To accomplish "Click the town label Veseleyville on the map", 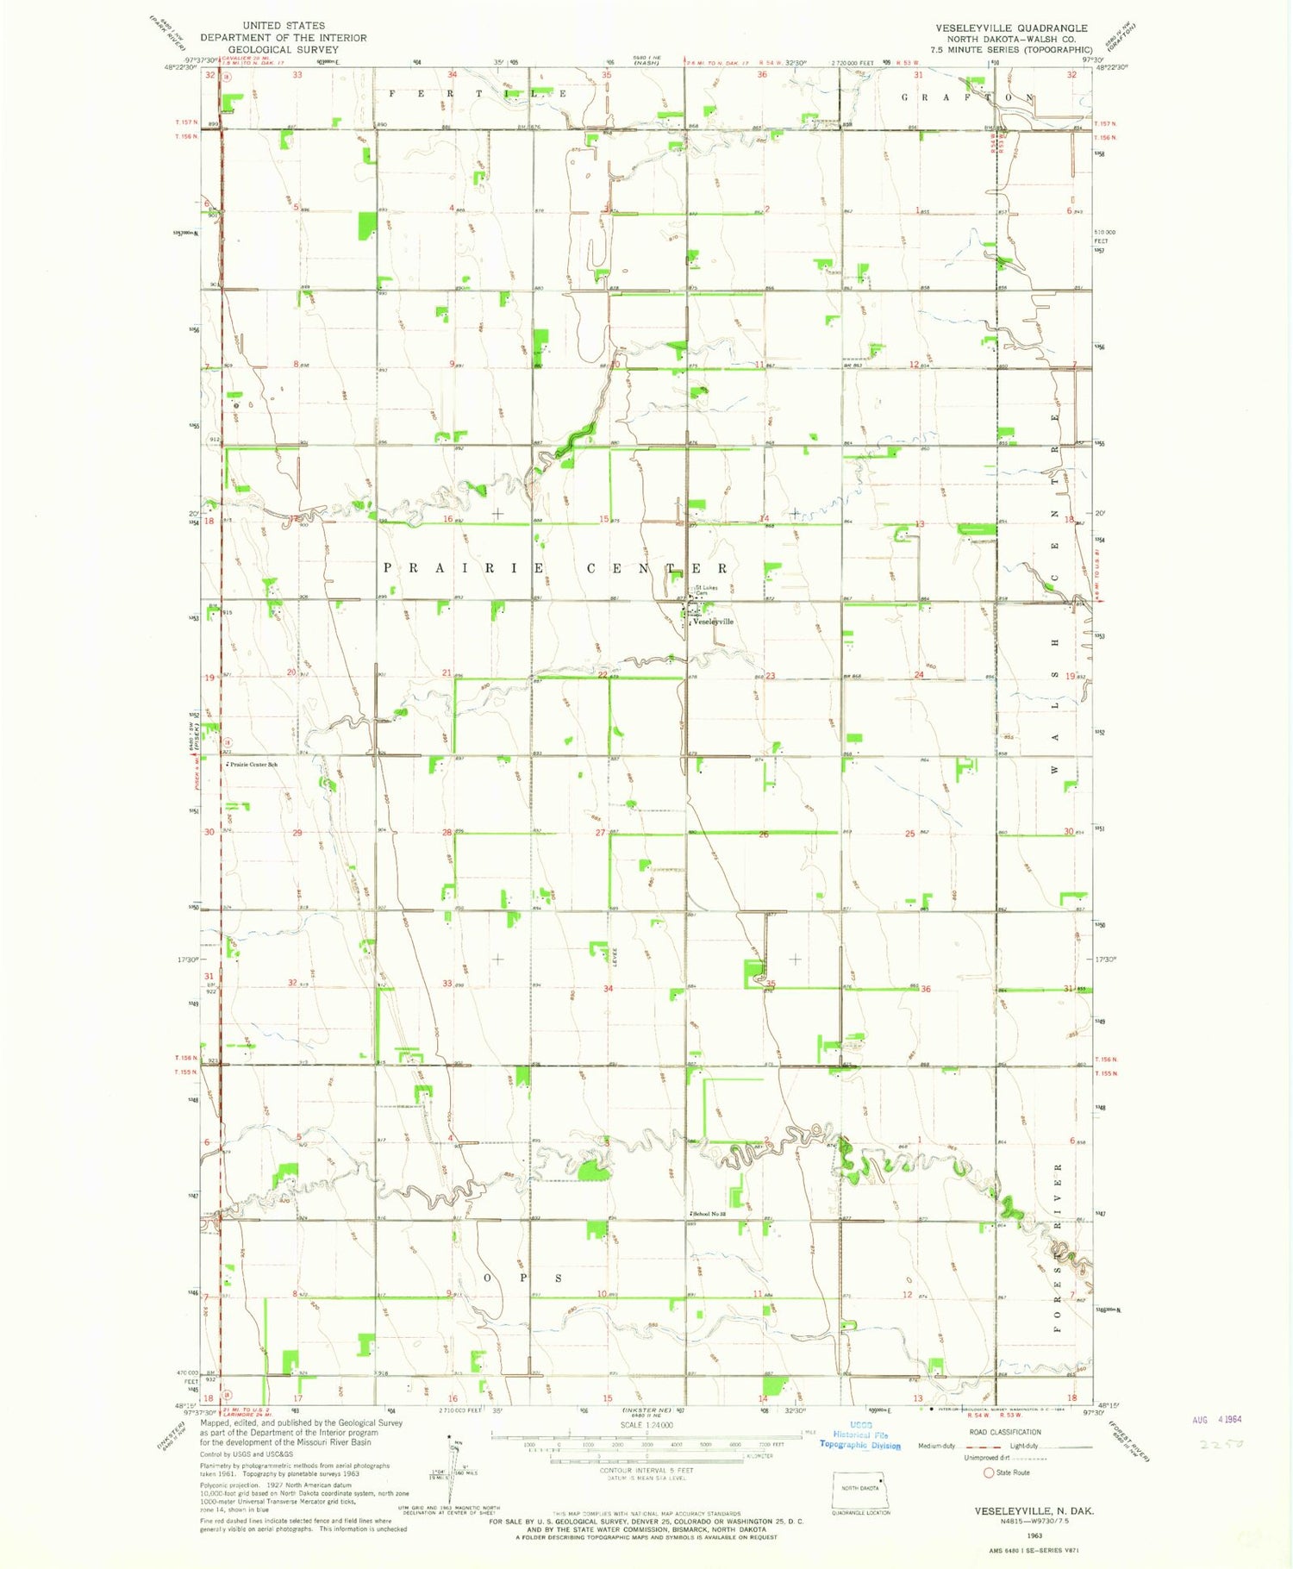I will pos(714,622).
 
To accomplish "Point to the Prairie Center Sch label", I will pos(252,765).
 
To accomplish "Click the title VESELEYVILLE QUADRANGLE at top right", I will pos(1011,28).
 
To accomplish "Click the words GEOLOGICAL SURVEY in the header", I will pos(284,49).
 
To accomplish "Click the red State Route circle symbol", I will pos(989,1472).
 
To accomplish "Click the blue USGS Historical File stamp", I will pos(860,1440).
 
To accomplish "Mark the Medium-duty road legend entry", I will pos(936,1446).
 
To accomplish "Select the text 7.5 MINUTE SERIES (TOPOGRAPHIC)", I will pos(1012,49).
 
